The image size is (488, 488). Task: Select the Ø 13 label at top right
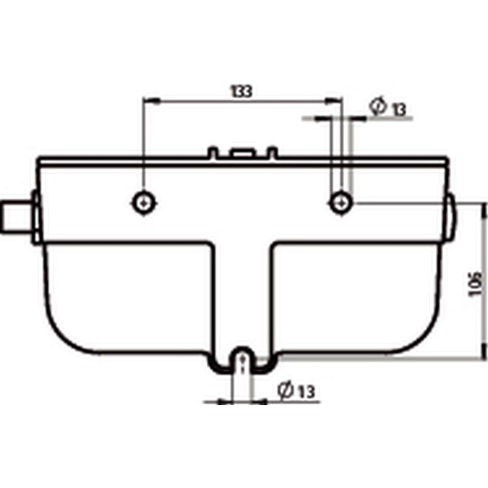tap(388, 108)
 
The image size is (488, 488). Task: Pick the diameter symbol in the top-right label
tap(378, 107)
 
